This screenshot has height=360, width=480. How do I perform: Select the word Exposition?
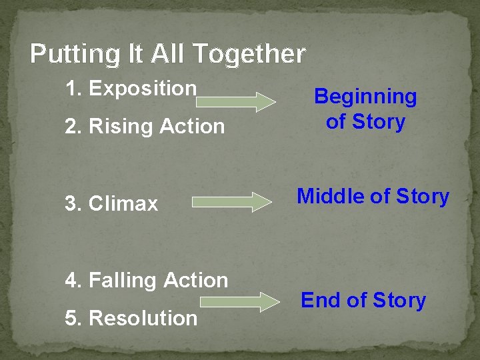(x=143, y=88)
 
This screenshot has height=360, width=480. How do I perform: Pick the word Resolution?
(x=143, y=318)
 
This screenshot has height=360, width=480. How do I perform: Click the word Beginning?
(x=365, y=97)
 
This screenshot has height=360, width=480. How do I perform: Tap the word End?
(x=321, y=301)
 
